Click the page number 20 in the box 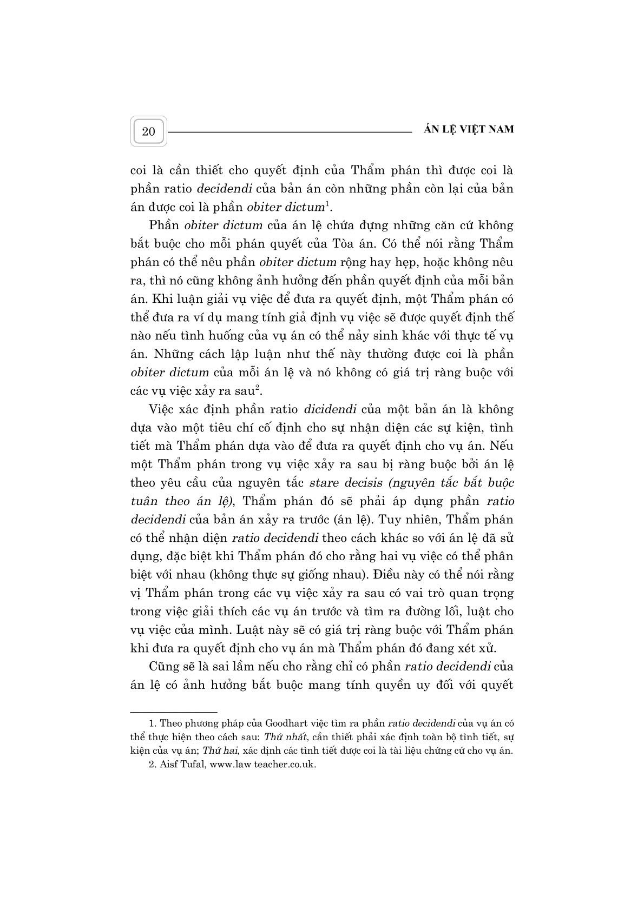(x=148, y=131)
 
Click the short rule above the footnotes (x=173, y=712)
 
